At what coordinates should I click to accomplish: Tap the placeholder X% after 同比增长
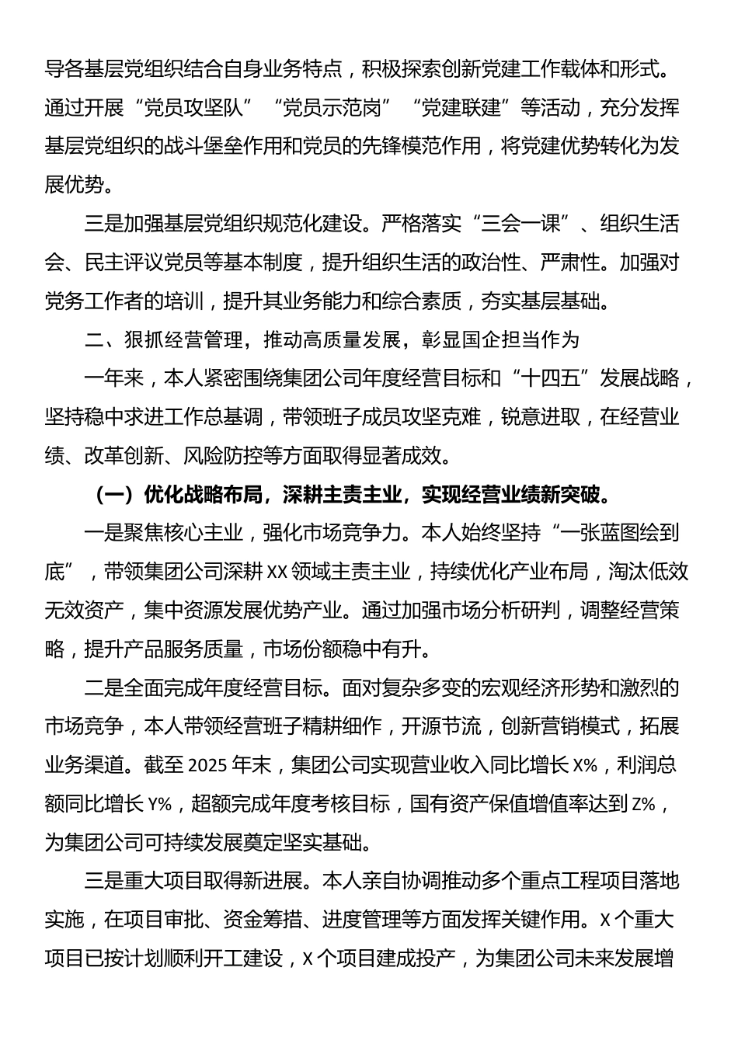[x=584, y=765]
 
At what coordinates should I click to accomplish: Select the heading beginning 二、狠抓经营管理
[x=332, y=339]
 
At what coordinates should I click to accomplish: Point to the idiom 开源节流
[x=443, y=726]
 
